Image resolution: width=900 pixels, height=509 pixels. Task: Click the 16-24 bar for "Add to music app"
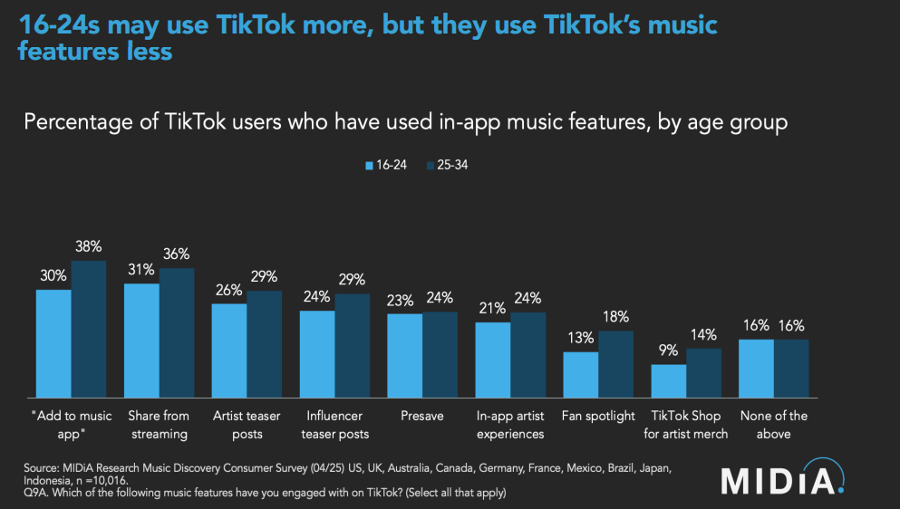click(x=53, y=343)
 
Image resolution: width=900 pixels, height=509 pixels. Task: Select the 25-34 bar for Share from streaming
click(x=176, y=332)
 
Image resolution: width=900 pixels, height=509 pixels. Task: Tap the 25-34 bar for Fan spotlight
click(x=615, y=364)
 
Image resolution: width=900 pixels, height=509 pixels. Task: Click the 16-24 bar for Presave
click(x=405, y=355)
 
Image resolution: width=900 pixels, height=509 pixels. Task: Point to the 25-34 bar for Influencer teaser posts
click(x=352, y=346)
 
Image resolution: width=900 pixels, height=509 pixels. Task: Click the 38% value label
click(x=89, y=246)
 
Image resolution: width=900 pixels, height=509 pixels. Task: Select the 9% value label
click(x=669, y=351)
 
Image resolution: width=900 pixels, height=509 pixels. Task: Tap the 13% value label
click(x=581, y=338)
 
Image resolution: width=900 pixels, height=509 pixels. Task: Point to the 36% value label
click(x=177, y=254)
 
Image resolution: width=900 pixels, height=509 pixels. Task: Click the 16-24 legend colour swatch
click(x=369, y=166)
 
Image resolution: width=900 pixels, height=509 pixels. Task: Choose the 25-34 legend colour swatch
click(x=431, y=166)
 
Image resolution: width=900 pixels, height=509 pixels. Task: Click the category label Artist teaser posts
click(x=247, y=425)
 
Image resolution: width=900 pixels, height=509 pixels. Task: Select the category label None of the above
click(x=774, y=425)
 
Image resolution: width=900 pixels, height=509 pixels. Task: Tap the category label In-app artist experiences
click(x=510, y=425)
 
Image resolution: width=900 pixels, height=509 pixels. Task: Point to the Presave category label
click(x=422, y=417)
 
